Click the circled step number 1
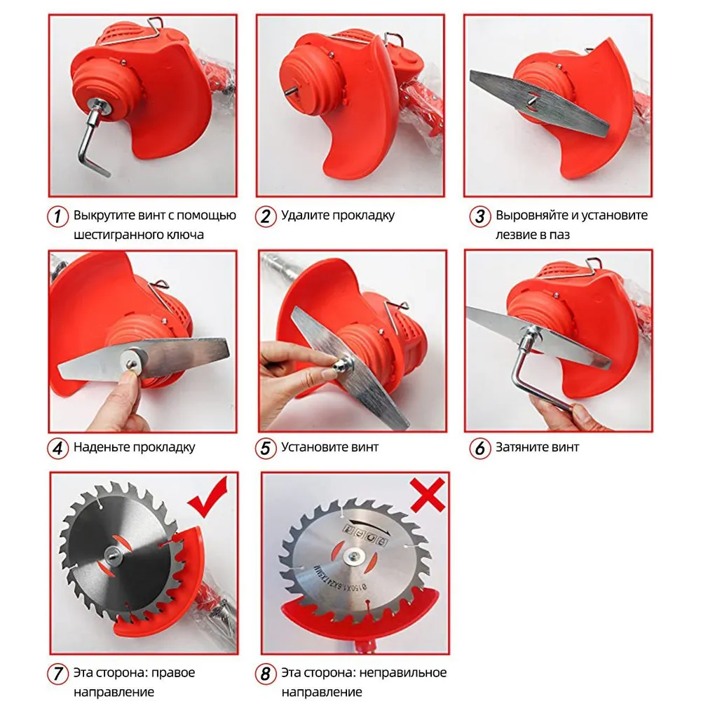tap(57, 216)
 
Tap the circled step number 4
tap(57, 448)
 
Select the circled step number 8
tap(266, 673)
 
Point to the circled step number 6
tap(480, 448)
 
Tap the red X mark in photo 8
tap(428, 494)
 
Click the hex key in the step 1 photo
tap(93, 142)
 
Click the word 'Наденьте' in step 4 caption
tap(102, 447)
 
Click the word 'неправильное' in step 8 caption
tap(403, 673)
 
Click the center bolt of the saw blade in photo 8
tap(355, 556)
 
